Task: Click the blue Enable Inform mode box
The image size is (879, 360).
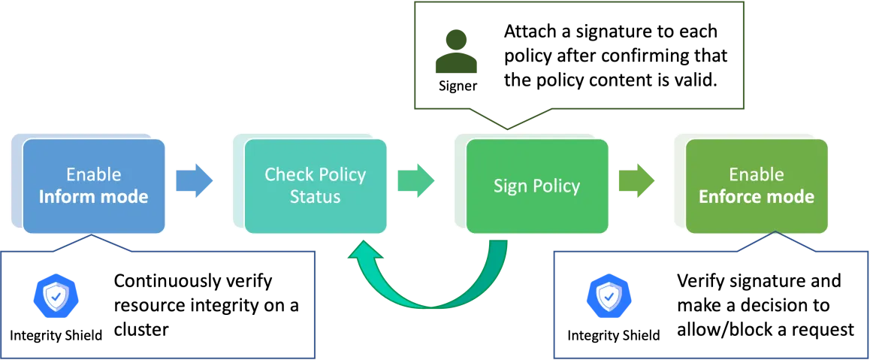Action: coord(93,186)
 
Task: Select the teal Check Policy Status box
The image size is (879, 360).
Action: coord(315,186)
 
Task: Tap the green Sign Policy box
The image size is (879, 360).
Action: coord(536,186)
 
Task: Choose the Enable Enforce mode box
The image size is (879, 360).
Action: coord(757,186)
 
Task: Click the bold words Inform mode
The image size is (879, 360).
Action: coord(93,198)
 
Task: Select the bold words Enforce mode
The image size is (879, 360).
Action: coord(757,198)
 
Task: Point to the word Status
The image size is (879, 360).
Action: coord(315,198)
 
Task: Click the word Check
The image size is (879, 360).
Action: coord(289,174)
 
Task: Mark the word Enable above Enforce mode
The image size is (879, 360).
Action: coord(757,174)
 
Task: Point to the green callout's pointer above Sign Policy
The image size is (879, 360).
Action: coord(507,124)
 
